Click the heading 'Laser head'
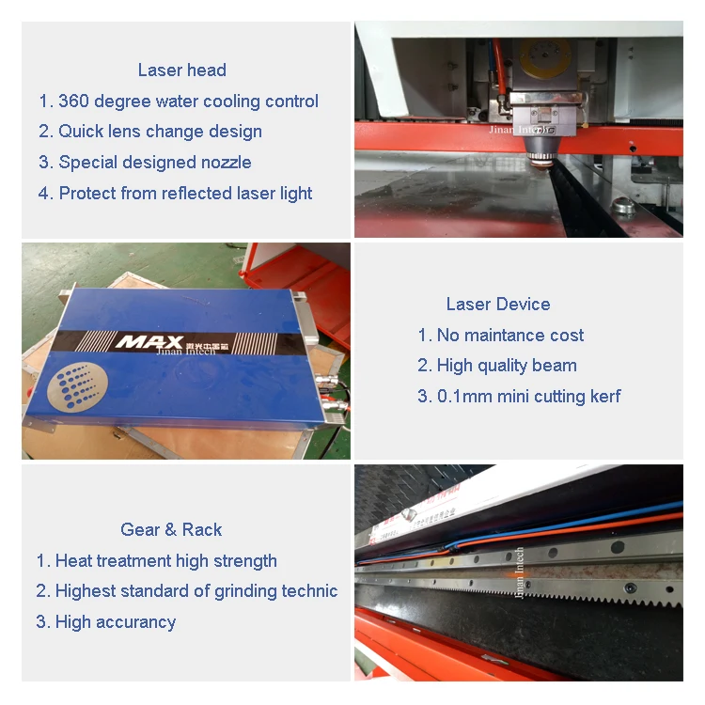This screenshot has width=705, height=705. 181,70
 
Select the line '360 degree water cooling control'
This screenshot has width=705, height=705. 188,102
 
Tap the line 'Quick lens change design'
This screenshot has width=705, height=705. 160,132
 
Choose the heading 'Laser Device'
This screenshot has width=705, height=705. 498,305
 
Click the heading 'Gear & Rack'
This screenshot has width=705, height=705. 171,530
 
